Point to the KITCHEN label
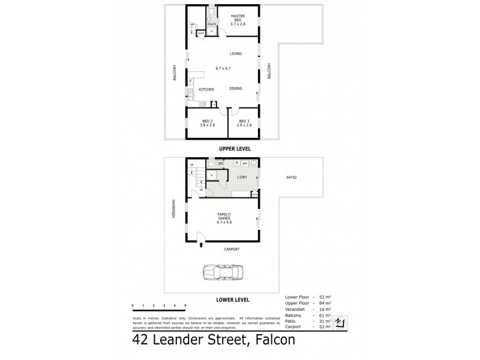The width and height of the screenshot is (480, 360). click(x=206, y=89)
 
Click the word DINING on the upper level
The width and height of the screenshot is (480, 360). click(x=236, y=89)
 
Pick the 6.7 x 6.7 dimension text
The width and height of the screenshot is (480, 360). click(x=223, y=68)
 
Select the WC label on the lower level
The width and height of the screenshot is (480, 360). click(x=221, y=163)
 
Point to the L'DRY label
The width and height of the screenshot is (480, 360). click(x=242, y=178)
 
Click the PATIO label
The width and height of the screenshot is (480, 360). click(x=291, y=178)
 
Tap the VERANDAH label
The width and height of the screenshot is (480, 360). click(x=174, y=208)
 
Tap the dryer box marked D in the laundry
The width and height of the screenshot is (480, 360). click(x=236, y=163)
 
